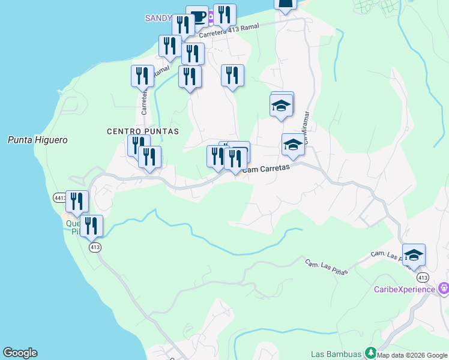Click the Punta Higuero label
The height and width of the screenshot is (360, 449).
pos(37,140)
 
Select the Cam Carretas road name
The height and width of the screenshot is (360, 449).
pos(267,169)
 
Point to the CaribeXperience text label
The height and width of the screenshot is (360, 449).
pos(404,289)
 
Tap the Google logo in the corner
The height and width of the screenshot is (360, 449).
pos(20,353)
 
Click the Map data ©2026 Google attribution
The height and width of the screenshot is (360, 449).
pos(412,355)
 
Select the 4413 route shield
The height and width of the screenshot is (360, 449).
pos(59,197)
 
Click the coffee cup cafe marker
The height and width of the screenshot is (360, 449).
pos(197,16)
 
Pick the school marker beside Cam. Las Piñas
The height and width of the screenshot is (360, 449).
pos(414,255)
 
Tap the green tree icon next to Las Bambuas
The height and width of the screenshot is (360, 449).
pos(371,353)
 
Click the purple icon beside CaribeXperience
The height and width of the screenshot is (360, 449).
pos(444,289)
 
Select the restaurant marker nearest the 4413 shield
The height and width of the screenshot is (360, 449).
pos(77,202)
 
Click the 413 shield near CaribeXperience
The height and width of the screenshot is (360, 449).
pos(423,277)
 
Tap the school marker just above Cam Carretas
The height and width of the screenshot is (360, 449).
pos(293,145)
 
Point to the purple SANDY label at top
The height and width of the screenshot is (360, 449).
pos(158,18)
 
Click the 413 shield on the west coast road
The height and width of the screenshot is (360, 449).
pos(94,247)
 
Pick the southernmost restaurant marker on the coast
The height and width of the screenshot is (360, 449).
pos(91,226)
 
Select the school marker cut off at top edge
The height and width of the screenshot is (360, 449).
pos(286,5)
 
